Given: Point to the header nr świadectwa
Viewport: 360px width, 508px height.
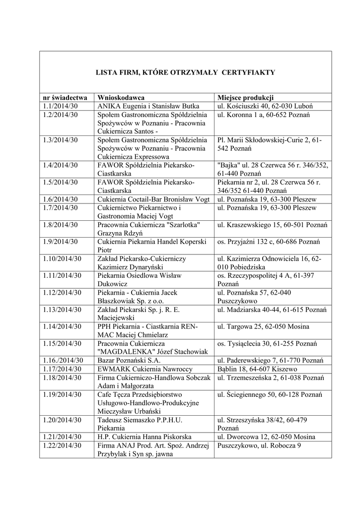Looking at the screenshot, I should tap(65, 97).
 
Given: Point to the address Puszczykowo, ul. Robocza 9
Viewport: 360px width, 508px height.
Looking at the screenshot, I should tap(258, 445).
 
